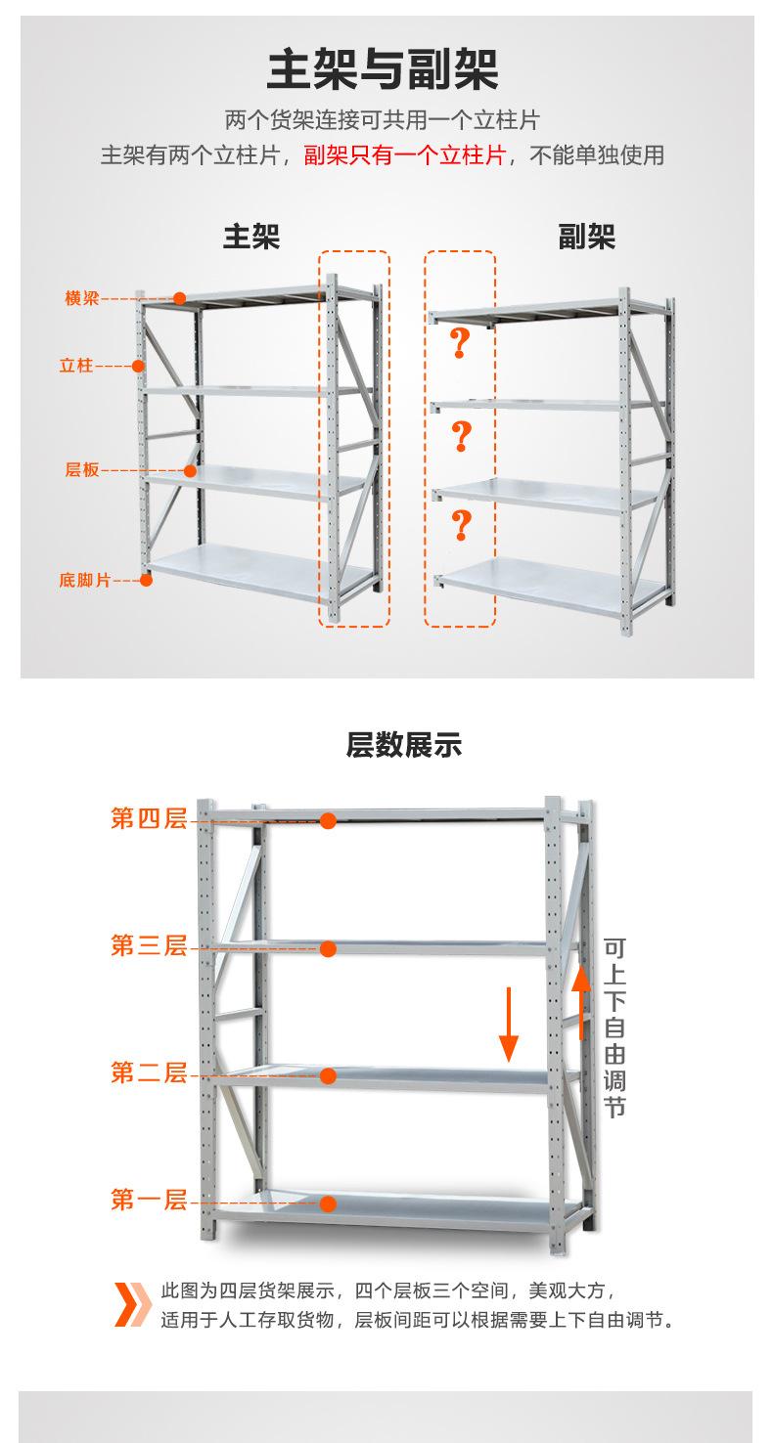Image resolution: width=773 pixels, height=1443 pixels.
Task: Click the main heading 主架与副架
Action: click(x=383, y=70)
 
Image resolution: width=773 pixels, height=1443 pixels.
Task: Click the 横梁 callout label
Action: click(x=82, y=298)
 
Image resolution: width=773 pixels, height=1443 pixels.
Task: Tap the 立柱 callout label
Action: click(x=75, y=366)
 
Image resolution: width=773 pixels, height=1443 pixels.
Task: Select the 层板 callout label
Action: click(x=82, y=470)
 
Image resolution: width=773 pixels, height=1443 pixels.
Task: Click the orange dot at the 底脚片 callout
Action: click(x=146, y=580)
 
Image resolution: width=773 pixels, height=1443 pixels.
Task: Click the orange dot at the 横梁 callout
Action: click(x=180, y=298)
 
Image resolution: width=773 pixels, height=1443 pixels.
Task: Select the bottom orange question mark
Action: click(x=460, y=525)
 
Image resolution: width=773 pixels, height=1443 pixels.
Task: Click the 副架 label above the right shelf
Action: click(x=586, y=236)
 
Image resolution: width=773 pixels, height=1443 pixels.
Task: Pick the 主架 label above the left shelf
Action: click(x=251, y=236)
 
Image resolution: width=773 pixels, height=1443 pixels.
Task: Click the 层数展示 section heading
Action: click(x=403, y=746)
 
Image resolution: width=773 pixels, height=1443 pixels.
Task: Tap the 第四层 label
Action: click(x=149, y=819)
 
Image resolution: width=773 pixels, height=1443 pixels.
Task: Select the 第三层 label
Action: click(x=149, y=946)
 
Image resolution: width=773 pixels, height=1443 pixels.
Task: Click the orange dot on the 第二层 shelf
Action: click(x=329, y=1075)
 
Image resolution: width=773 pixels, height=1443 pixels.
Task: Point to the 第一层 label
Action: click(x=149, y=1200)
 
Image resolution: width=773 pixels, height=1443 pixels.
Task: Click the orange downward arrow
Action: click(x=509, y=1025)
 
